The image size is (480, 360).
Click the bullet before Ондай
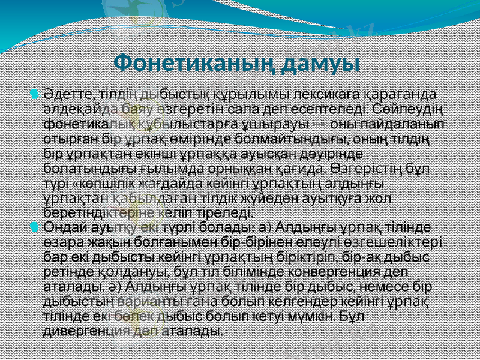(x=34, y=227)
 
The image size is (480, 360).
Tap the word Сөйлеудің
(x=406, y=110)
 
